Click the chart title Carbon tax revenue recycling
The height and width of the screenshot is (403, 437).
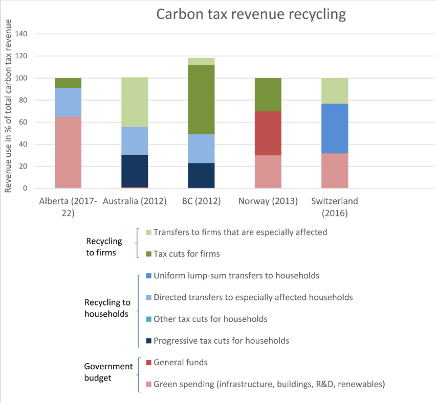point(251,14)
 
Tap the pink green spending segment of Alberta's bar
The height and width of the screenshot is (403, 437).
point(68,153)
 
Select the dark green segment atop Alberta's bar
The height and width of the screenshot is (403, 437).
point(68,83)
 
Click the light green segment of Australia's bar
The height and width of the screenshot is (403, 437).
point(135,102)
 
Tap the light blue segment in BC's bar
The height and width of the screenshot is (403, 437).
point(201,149)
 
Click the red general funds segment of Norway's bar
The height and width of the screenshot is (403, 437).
point(268,133)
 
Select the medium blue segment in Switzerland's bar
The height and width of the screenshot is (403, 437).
point(334,128)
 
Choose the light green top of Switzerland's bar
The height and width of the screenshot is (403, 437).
point(334,91)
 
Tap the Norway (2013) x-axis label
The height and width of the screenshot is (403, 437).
point(268,201)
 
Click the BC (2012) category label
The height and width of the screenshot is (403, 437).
point(201,201)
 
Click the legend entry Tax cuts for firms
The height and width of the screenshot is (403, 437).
point(187,253)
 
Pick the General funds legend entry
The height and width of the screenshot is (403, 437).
point(180,362)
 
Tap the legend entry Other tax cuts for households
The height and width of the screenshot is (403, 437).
point(210,319)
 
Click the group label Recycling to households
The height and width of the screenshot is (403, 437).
point(106,308)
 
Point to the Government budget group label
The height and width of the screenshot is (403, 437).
point(108,372)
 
